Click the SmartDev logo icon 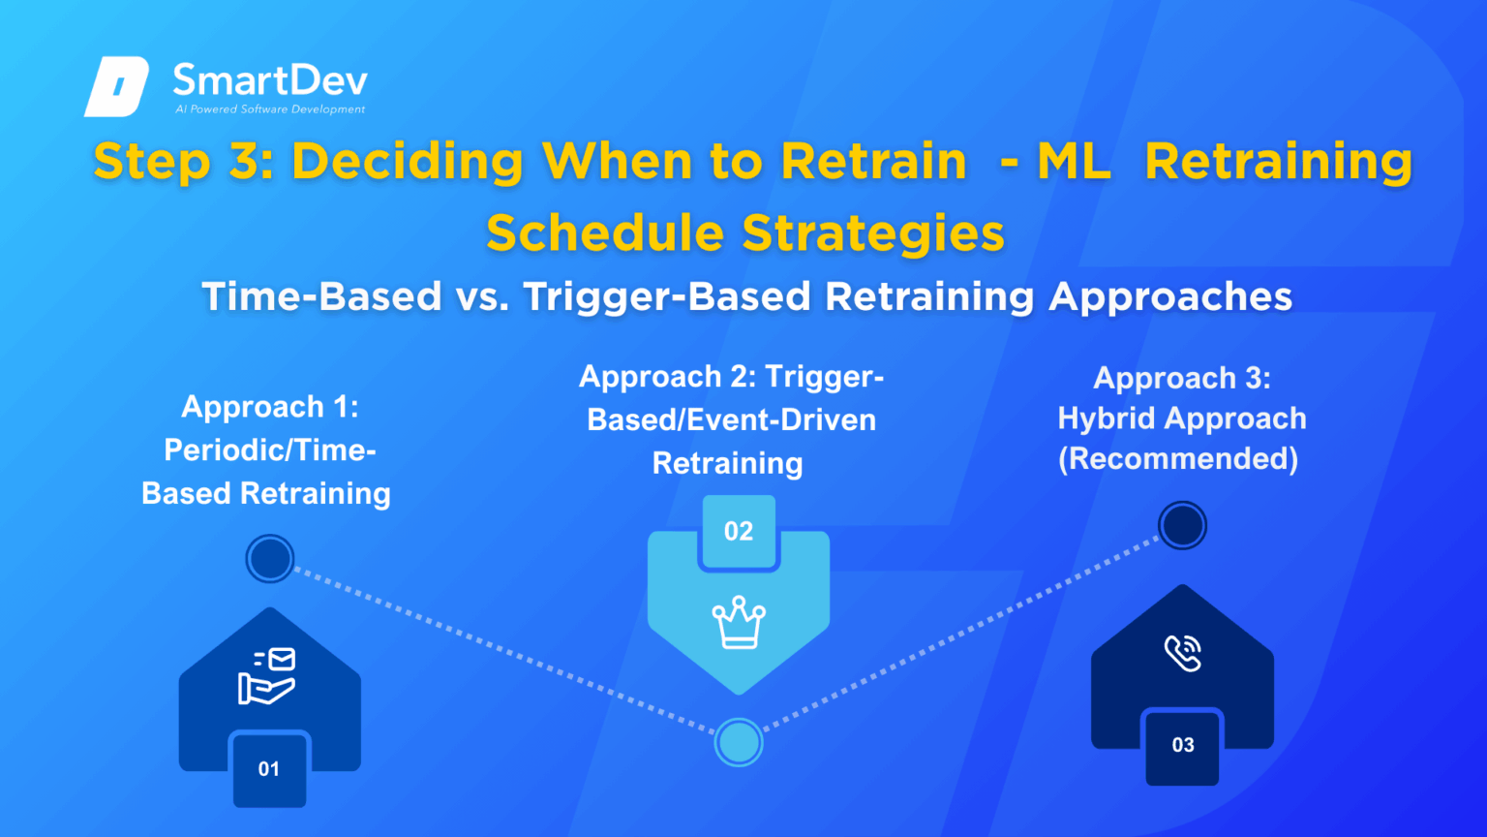point(117,86)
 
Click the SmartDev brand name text point(270,79)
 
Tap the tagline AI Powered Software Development point(270,109)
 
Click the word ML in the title point(1073,162)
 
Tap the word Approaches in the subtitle point(1170,296)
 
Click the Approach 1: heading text point(270,407)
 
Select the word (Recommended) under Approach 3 point(1178,458)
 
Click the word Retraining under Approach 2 point(727,463)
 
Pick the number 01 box point(269,769)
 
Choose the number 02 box point(739,531)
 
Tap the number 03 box point(1183,745)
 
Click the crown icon point(739,622)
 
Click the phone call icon point(1183,654)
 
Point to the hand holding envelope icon point(267,676)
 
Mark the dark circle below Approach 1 point(270,558)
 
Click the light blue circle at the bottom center point(739,743)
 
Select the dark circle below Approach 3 point(1182,526)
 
